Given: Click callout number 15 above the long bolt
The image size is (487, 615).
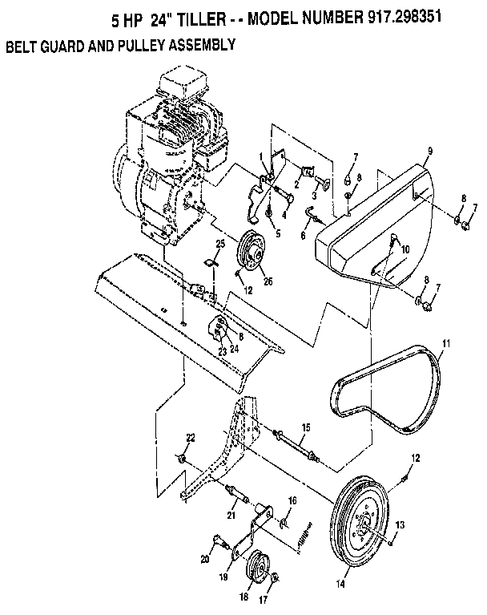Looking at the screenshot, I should [x=304, y=428].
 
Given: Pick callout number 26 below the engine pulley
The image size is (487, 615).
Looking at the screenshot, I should [x=268, y=281].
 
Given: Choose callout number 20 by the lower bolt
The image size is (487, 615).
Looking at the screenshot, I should [x=204, y=559].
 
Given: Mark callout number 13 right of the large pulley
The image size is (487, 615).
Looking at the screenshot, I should [x=400, y=524].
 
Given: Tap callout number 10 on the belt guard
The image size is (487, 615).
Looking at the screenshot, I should [x=405, y=250].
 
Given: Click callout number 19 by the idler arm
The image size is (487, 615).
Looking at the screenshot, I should [x=223, y=576].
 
